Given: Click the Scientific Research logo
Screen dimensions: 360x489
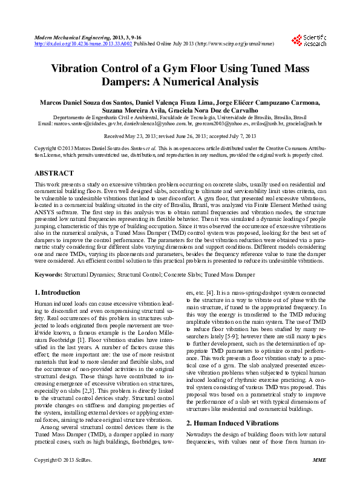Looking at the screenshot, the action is (309, 41).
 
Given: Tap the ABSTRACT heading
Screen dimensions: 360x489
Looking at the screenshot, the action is (54, 173).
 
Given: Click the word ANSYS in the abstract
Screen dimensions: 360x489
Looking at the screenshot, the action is (45, 213).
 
